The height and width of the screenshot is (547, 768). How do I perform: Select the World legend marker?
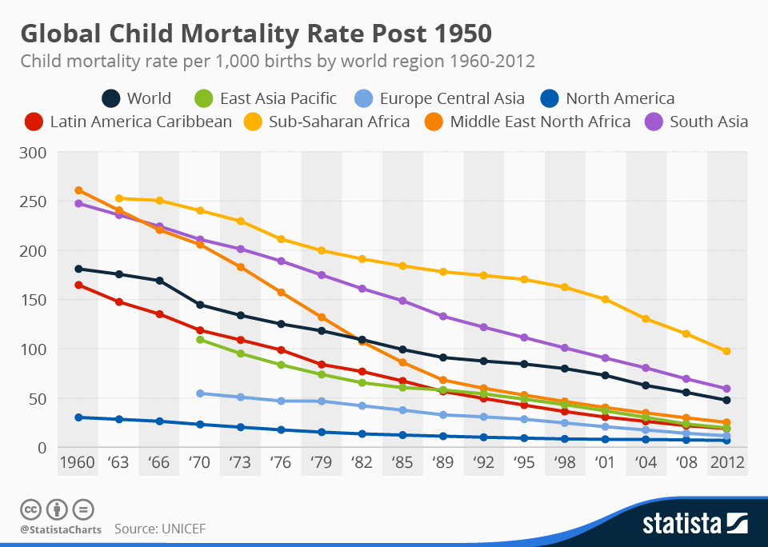point(111,98)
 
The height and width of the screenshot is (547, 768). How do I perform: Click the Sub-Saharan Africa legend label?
point(339,122)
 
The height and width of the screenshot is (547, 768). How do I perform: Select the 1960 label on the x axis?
point(78,463)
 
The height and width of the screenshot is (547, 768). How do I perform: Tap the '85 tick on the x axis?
point(402,463)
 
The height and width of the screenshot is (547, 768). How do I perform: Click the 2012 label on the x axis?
point(726,463)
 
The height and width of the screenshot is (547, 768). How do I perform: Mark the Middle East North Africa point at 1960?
point(78,190)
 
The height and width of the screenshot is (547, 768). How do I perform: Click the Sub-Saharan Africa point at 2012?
point(726,351)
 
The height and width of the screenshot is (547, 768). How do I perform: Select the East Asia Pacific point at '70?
point(200,340)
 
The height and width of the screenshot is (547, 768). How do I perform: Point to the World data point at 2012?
point(726,400)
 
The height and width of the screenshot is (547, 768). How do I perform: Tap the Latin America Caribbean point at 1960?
point(78,285)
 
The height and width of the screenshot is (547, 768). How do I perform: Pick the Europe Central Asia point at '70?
point(200,393)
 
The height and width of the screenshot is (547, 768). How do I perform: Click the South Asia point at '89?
point(443,317)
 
